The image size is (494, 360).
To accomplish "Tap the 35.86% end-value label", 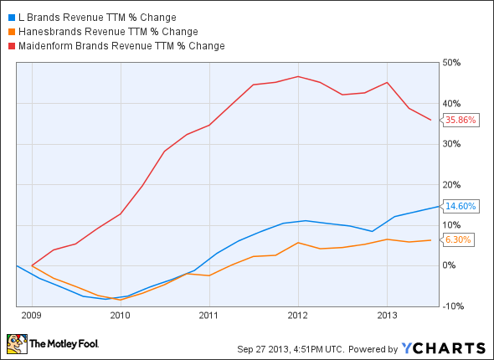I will (x=461, y=120).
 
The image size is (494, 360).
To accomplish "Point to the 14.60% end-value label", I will (x=461, y=206).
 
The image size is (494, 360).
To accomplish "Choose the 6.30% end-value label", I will (x=459, y=239).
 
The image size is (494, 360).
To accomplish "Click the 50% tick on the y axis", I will (x=452, y=63).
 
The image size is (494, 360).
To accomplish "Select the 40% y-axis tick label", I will (x=452, y=103).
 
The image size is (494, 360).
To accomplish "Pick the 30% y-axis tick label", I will (x=452, y=143).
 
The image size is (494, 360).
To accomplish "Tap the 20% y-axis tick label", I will (x=452, y=184).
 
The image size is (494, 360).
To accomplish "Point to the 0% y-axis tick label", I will (x=450, y=265).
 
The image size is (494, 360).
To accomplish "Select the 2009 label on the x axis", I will (x=32, y=316).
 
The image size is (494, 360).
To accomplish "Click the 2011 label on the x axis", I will (x=209, y=316).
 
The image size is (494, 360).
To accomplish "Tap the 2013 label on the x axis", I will (x=387, y=316).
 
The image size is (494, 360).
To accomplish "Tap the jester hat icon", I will (x=16, y=343).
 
